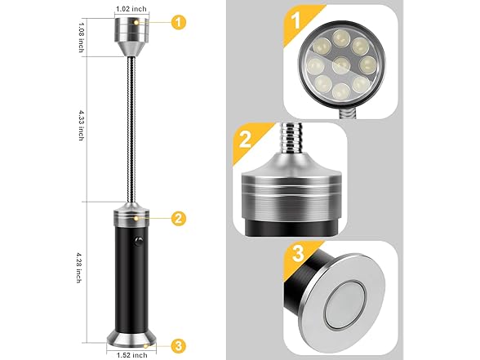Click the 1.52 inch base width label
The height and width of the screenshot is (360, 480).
pos(129,354)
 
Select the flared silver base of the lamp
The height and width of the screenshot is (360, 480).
pos(130,334)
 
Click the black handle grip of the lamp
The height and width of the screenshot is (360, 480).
pos(130,269)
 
